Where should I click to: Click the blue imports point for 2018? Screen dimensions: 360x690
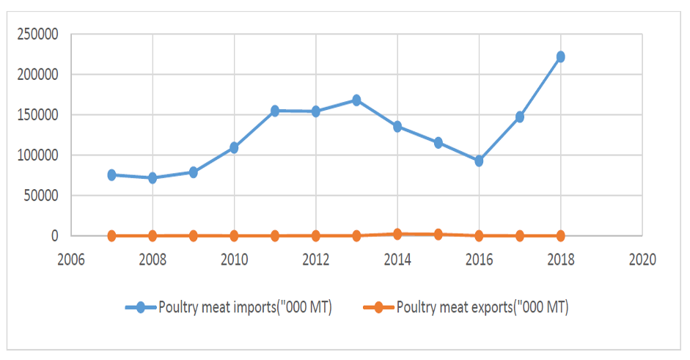click(x=560, y=56)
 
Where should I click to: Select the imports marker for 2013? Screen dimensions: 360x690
click(x=356, y=100)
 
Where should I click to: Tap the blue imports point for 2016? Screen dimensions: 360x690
click(x=479, y=161)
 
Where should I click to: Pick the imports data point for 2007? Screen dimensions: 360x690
click(x=111, y=175)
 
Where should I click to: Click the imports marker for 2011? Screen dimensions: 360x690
click(x=275, y=111)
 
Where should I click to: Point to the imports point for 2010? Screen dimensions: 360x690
click(x=234, y=147)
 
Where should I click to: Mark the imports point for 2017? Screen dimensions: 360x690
click(x=520, y=117)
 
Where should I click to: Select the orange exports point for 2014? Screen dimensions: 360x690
click(x=397, y=234)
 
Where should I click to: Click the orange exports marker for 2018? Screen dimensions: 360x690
click(x=560, y=235)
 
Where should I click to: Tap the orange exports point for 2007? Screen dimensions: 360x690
click(x=111, y=235)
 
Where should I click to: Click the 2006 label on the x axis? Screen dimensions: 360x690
click(x=71, y=259)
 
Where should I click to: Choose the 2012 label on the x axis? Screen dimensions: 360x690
click(x=315, y=259)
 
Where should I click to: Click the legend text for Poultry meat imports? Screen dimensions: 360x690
click(x=246, y=307)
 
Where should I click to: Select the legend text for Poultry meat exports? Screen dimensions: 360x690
click(x=482, y=307)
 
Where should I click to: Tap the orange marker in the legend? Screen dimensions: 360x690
click(x=376, y=307)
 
